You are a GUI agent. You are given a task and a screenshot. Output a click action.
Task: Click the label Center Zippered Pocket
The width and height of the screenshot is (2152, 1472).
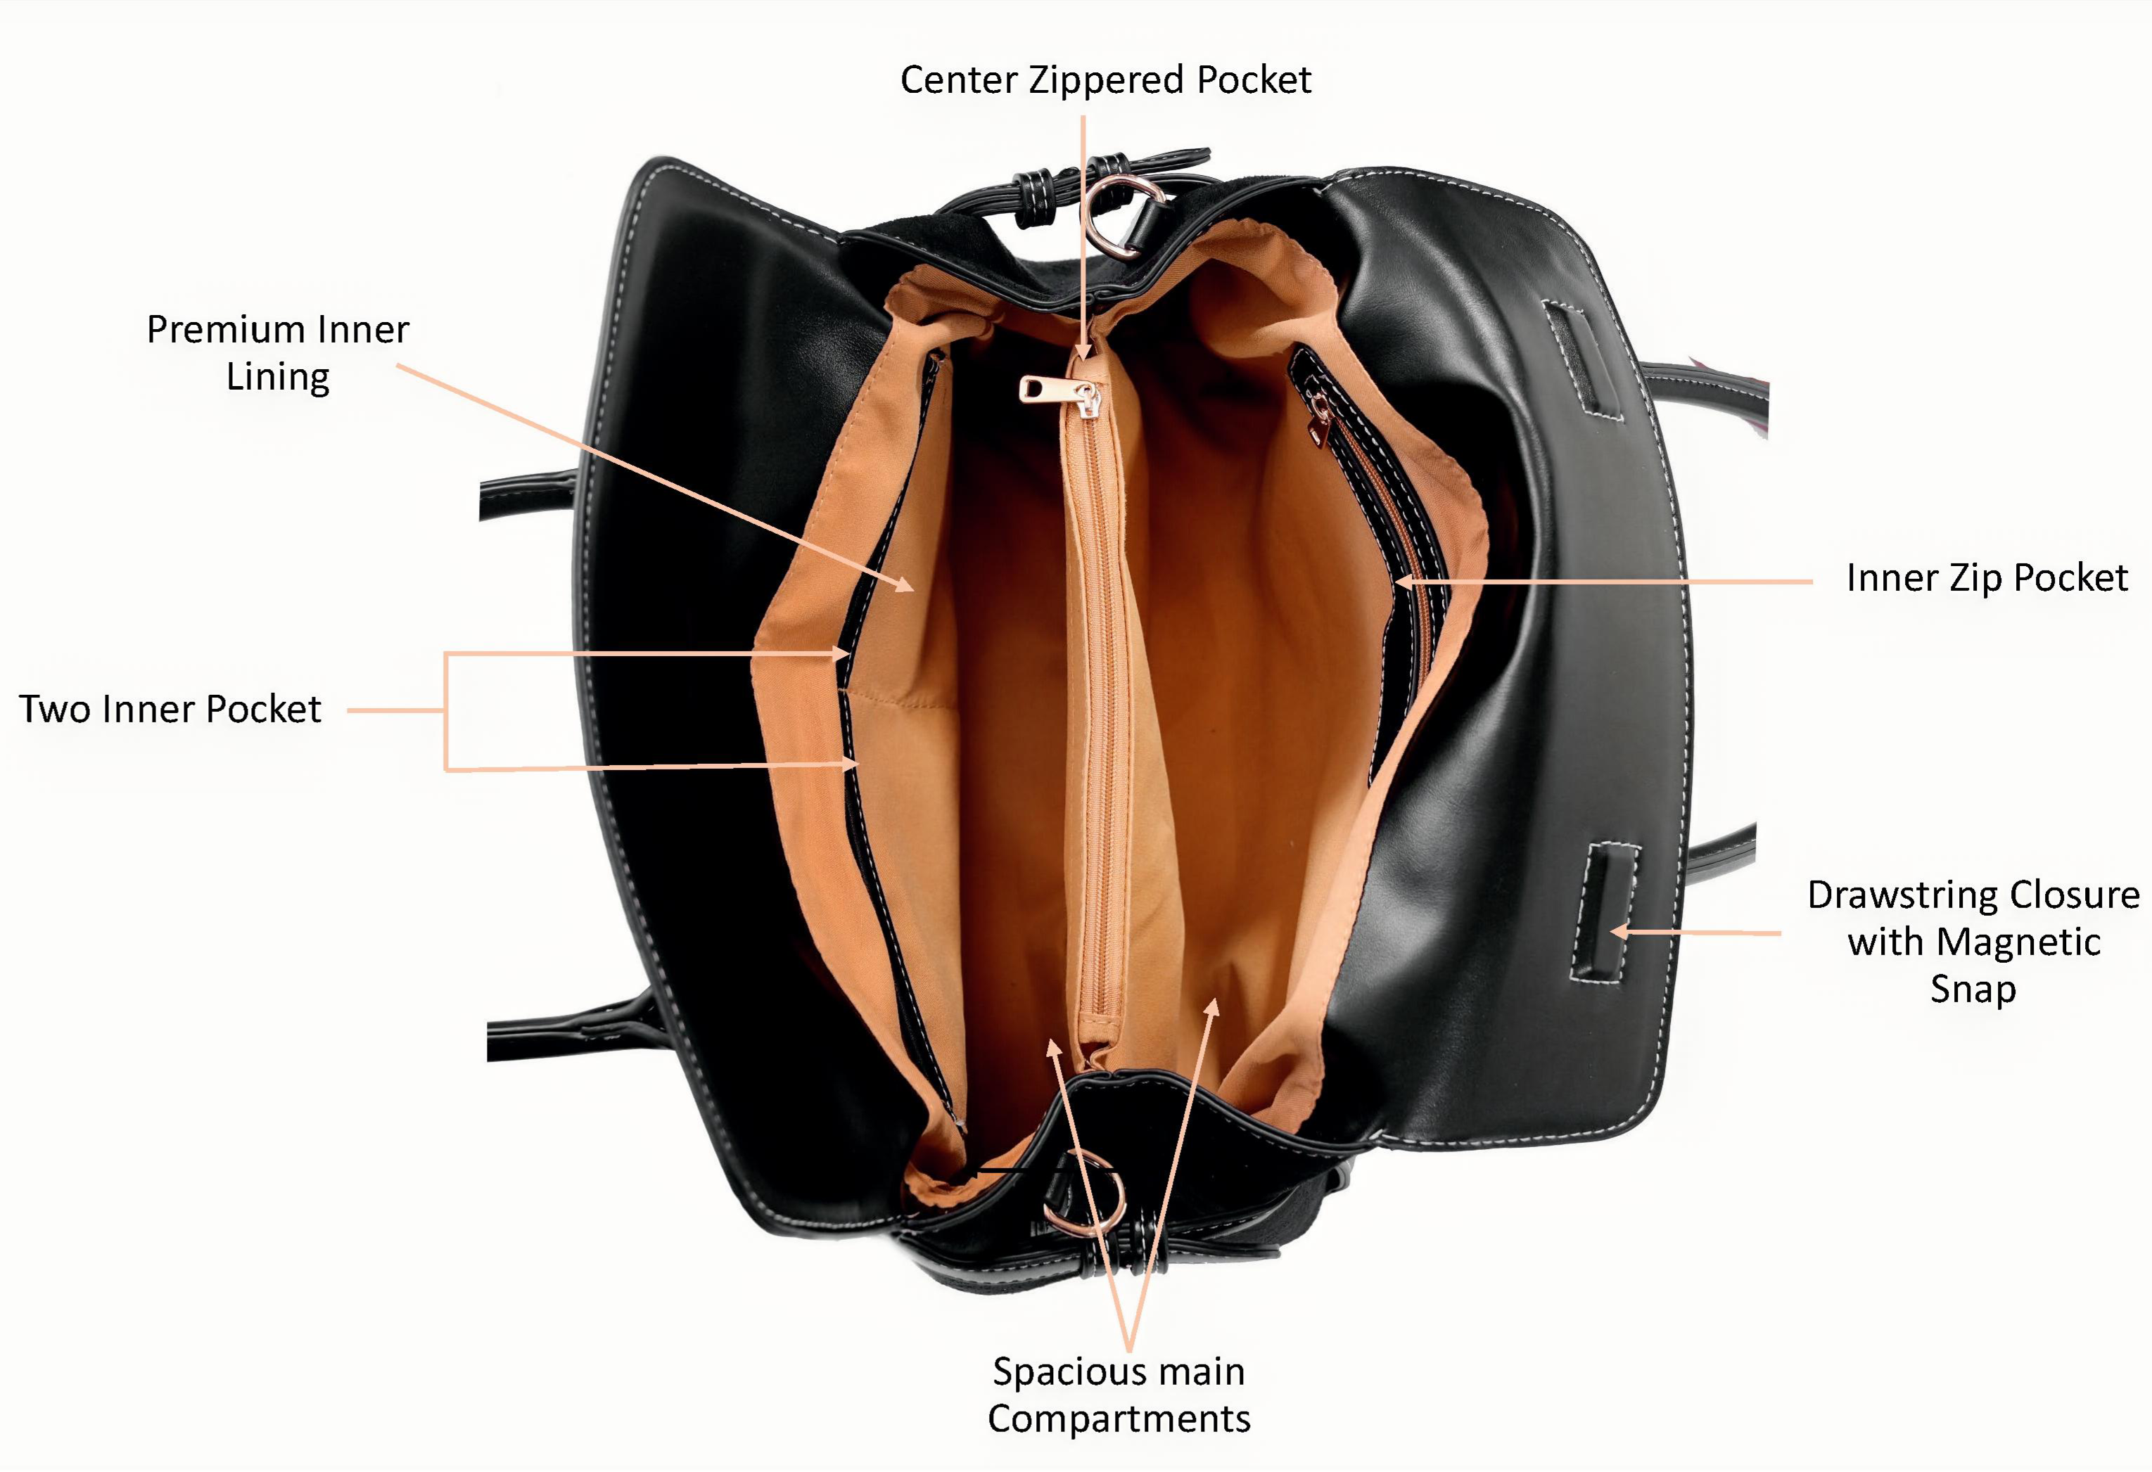pyautogui.click(x=1106, y=81)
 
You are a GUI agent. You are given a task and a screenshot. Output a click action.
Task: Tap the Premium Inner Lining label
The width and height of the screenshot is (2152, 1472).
pyautogui.click(x=278, y=353)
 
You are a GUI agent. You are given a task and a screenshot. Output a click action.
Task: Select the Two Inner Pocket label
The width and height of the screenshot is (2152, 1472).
pyautogui.click(x=170, y=709)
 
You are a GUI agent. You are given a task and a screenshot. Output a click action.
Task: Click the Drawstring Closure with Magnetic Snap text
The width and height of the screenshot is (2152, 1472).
pyautogui.click(x=1974, y=942)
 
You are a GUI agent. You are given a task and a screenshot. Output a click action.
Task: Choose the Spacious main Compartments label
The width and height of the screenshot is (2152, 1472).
pyautogui.click(x=1119, y=1394)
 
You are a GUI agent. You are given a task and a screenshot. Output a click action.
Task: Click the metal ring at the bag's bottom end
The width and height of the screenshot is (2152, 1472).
pyautogui.click(x=1083, y=1195)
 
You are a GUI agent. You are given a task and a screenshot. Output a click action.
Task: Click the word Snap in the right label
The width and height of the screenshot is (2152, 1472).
pyautogui.click(x=1973, y=990)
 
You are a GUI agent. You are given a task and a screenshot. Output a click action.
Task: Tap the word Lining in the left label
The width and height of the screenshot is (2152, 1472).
pyautogui.click(x=278, y=378)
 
